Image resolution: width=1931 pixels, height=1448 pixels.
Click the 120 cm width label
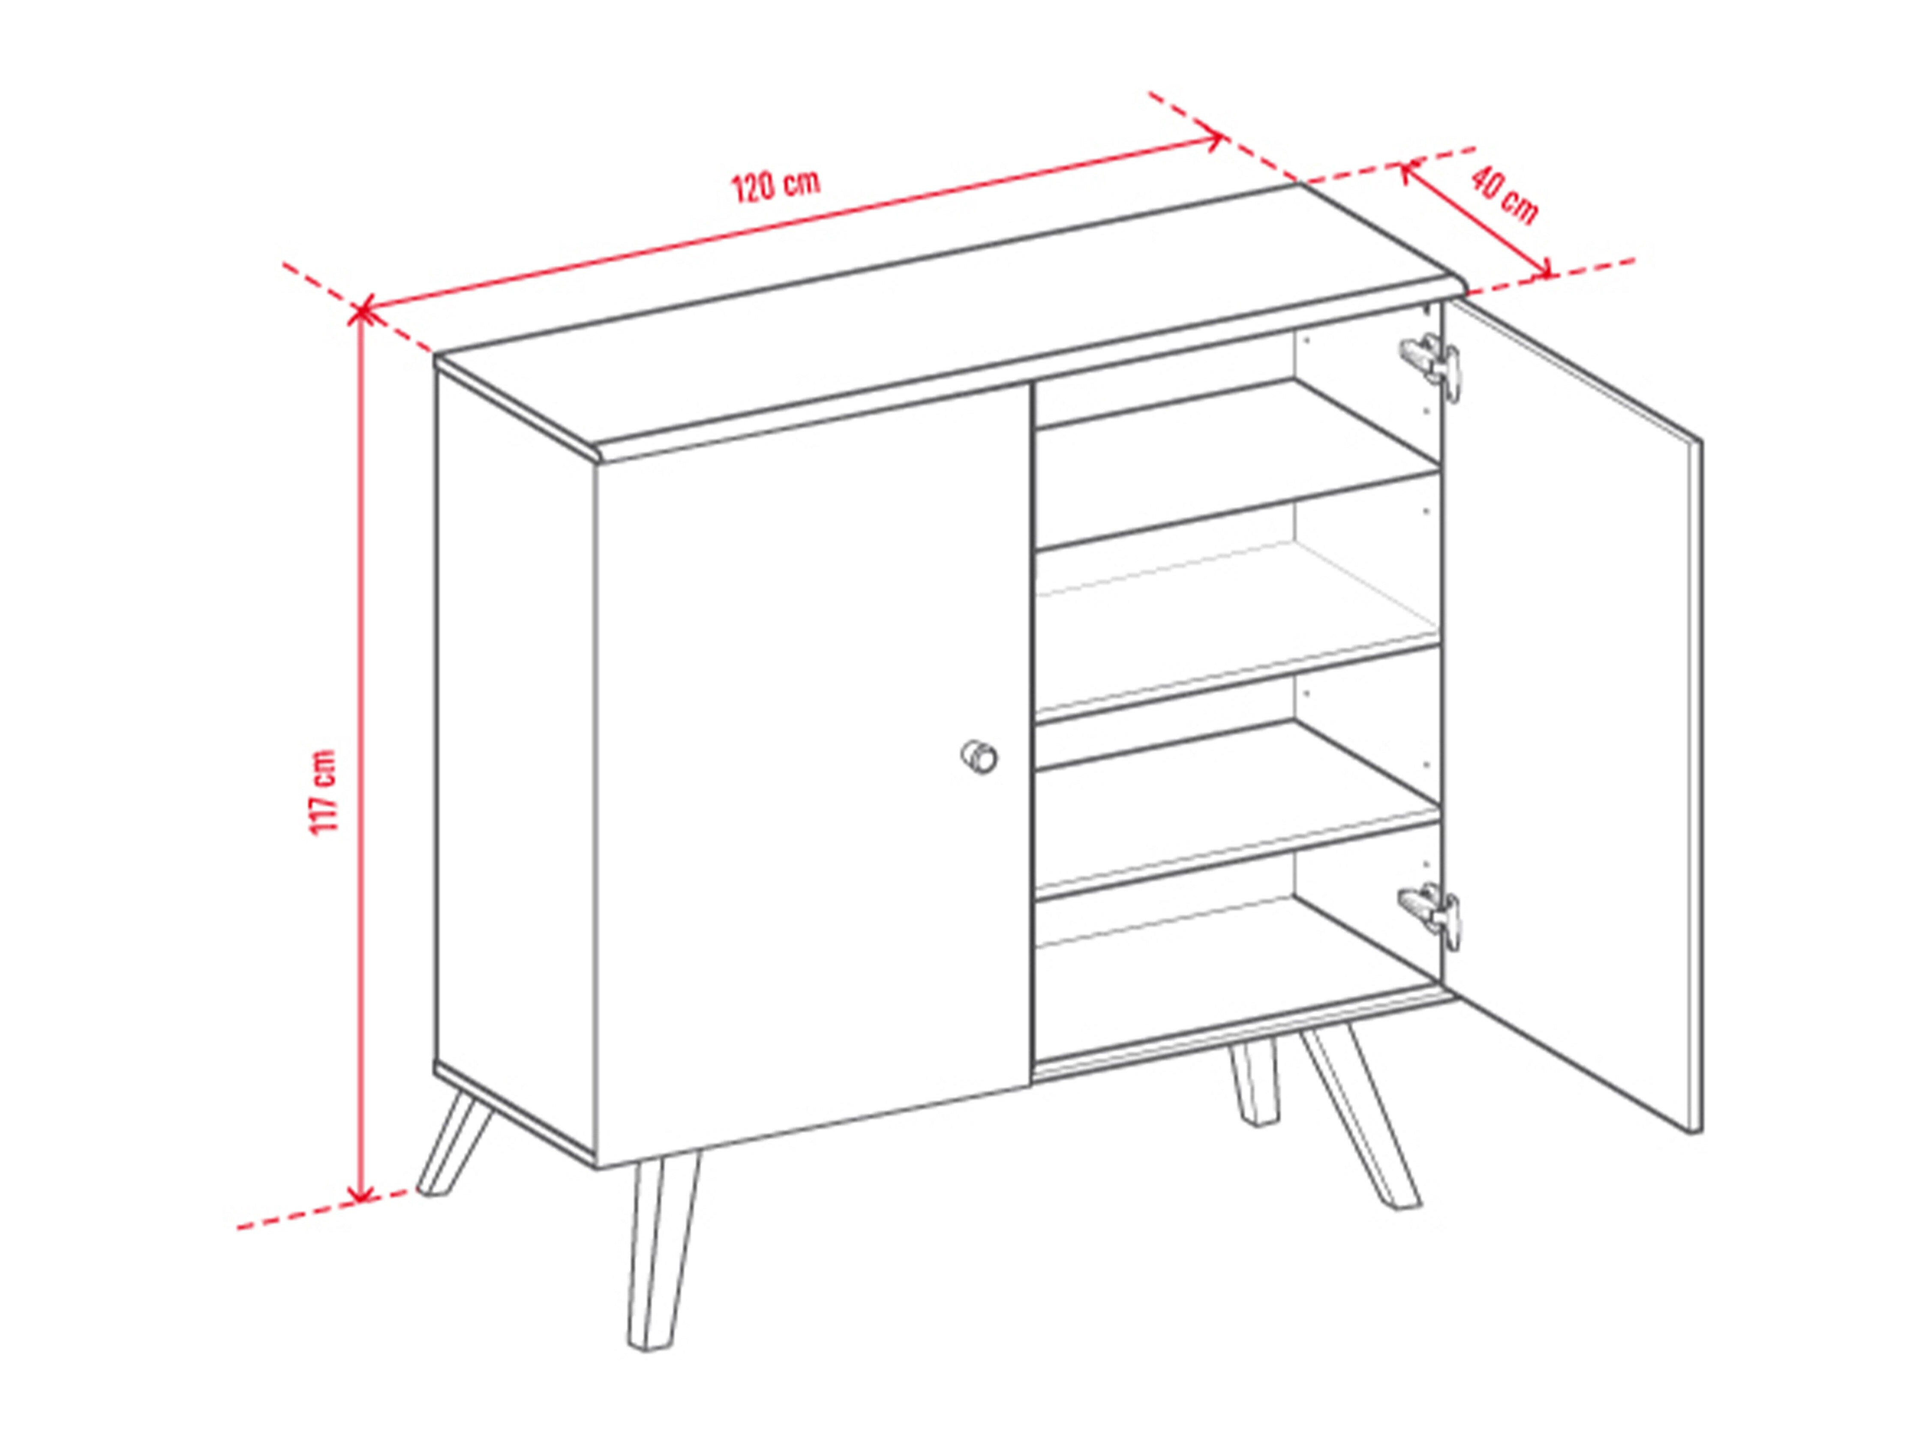tap(775, 186)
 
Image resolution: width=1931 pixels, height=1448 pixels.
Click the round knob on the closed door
tap(979, 756)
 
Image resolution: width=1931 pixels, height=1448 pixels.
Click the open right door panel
tap(1571, 716)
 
